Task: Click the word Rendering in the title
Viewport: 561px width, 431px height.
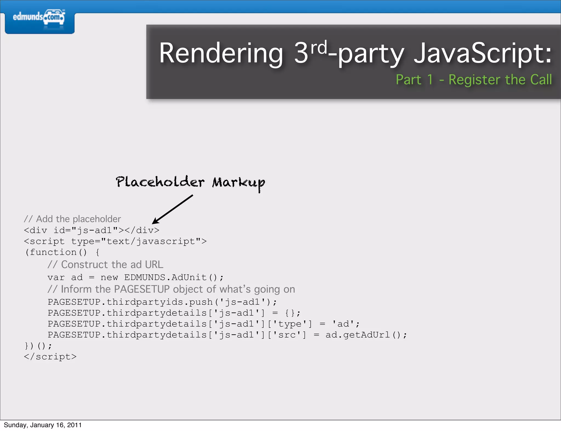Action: pos(221,54)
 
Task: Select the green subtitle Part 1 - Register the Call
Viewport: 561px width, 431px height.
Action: pos(473,80)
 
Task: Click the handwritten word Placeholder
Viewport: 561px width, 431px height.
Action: pos(160,182)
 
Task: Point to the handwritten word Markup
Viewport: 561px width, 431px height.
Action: pos(239,183)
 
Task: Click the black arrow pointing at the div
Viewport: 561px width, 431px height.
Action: pos(173,209)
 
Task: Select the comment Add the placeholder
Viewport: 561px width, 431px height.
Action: pos(72,219)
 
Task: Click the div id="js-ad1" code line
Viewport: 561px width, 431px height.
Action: pos(91,230)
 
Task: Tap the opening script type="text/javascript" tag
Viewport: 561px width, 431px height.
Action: pos(115,241)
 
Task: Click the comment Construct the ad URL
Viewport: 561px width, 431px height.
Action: pos(105,264)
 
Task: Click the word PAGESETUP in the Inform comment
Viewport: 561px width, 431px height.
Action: pos(142,289)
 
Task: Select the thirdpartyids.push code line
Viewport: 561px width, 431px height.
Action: pos(162,302)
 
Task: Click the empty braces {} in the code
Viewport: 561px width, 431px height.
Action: pos(290,313)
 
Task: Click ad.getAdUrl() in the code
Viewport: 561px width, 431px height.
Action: pos(366,335)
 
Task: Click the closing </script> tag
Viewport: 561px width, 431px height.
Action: pos(50,357)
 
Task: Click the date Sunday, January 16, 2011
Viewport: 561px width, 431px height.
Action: pos(43,425)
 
